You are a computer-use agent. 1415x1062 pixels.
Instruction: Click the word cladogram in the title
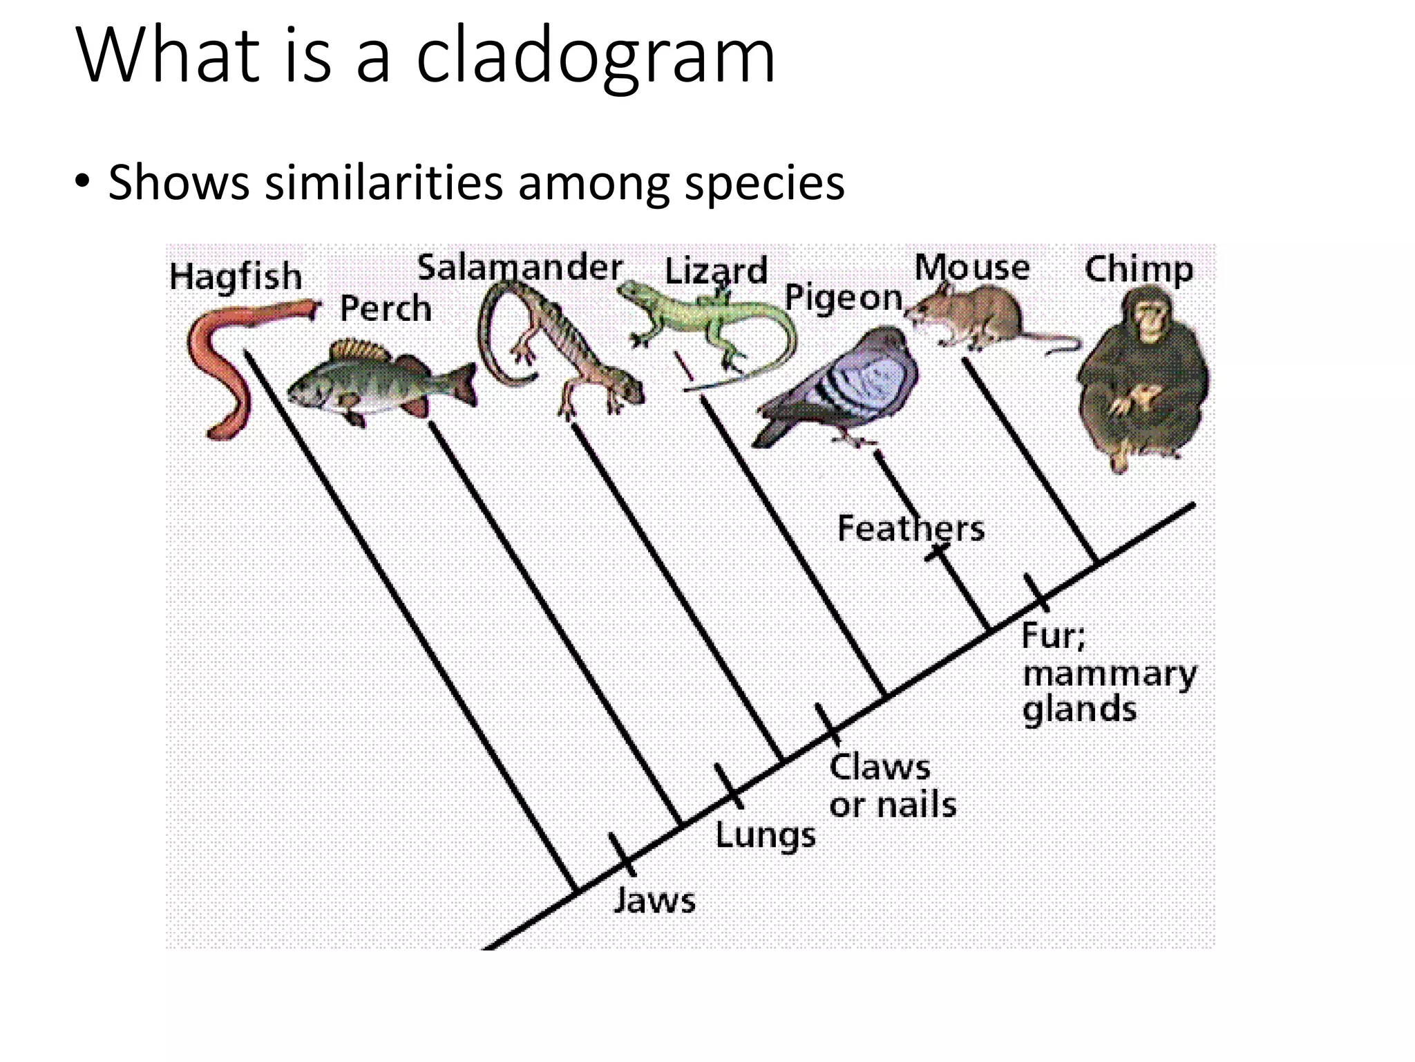596,57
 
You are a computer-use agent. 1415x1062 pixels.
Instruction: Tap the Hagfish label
236,277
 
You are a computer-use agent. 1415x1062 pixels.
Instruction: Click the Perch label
386,308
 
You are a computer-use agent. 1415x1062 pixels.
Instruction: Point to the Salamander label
520,268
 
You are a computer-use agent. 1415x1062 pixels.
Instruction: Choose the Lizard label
716,271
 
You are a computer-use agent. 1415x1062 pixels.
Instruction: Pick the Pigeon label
844,299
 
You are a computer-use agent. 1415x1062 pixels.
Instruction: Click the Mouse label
972,268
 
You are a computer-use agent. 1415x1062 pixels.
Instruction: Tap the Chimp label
1139,270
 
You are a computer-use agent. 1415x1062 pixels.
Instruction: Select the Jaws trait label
654,900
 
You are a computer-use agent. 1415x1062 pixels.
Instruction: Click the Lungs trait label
765,835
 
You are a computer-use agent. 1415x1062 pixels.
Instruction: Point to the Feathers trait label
911,529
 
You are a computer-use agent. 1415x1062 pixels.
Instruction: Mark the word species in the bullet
765,183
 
